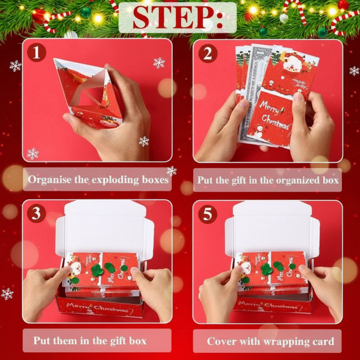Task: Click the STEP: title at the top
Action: click(x=178, y=18)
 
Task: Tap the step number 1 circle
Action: click(x=36, y=53)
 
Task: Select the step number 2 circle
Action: click(x=207, y=53)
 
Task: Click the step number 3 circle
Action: click(x=36, y=214)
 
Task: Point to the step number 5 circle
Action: click(x=207, y=214)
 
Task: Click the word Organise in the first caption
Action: click(x=49, y=180)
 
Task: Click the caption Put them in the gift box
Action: click(x=90, y=341)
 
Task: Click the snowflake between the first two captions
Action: click(x=171, y=171)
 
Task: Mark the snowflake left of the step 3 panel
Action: click(x=7, y=294)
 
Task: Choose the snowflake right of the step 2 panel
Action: click(x=354, y=71)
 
